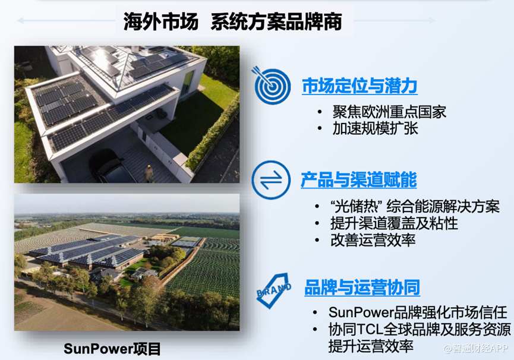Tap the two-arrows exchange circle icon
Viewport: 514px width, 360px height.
coord(271,180)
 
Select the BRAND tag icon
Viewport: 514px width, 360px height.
coord(274,290)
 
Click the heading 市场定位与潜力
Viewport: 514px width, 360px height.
coord(360,86)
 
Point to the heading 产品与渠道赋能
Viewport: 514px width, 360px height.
coord(359,180)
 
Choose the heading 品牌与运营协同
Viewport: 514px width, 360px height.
coord(362,288)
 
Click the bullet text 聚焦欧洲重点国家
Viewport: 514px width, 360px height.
coord(389,112)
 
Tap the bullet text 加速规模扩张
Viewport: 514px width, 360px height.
coord(375,128)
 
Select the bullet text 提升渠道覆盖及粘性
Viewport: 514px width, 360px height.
coord(394,223)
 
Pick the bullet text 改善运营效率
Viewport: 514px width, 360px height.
coord(373,240)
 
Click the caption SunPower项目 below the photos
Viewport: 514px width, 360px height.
coord(112,349)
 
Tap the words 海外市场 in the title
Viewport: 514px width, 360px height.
coord(160,21)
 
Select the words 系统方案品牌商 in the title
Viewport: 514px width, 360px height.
coord(276,21)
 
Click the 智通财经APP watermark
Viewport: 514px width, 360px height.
coord(476,348)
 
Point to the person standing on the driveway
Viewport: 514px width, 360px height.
coord(149,173)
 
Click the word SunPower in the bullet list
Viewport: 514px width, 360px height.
coord(361,312)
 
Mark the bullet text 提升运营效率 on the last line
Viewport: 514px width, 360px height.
coord(371,346)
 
